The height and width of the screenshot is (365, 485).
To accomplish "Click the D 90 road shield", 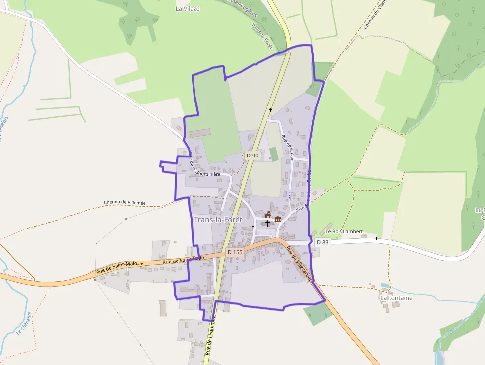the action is (252, 156).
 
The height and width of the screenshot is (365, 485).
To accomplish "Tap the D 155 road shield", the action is (235, 252).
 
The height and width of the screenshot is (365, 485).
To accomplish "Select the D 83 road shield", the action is (322, 242).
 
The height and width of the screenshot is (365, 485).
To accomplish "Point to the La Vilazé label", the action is (188, 8).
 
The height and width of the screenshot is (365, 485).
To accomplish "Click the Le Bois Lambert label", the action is (344, 231).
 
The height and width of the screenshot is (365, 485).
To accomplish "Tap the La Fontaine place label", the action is (396, 298).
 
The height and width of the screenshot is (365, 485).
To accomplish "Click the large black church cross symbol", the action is (267, 223).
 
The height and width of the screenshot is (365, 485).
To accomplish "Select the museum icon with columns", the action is (278, 219).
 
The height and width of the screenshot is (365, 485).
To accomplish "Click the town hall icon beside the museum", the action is (268, 215).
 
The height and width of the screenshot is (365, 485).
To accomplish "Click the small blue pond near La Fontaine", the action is (385, 286).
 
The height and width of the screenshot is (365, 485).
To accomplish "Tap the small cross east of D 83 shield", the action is (376, 238).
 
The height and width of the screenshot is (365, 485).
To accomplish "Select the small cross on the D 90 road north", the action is (270, 109).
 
